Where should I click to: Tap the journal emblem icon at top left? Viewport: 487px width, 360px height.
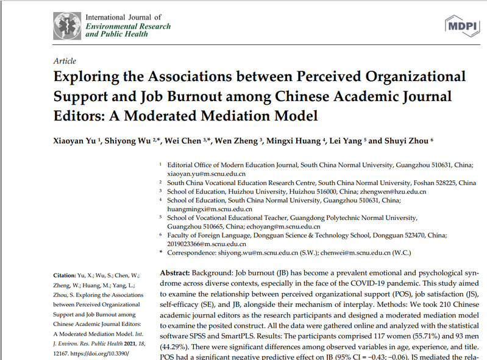[68, 25]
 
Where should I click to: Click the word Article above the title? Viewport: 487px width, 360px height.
[65, 61]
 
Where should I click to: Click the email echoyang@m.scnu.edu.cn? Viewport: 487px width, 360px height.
[282, 226]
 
